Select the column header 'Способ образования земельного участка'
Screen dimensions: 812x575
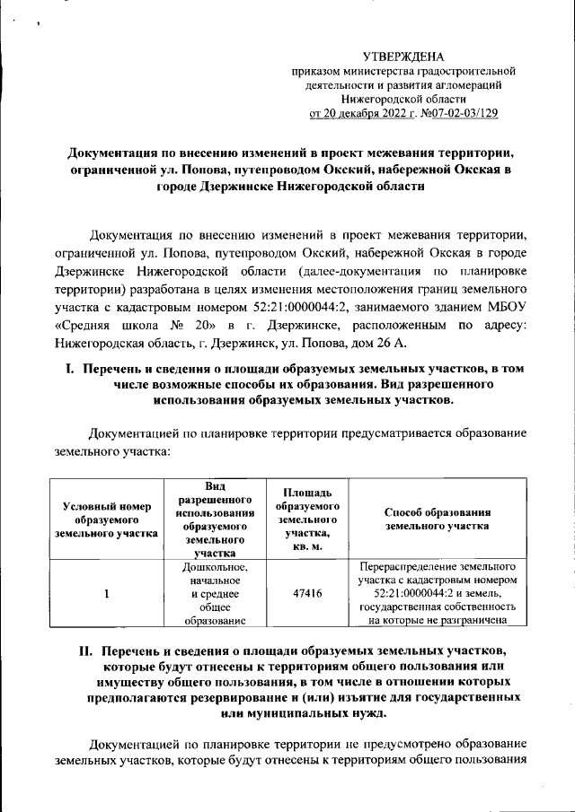tap(436, 520)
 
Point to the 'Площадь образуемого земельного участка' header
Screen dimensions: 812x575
tap(308, 520)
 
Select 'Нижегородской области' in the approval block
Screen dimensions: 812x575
tap(402, 99)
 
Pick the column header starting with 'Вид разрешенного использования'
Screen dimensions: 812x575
tap(213, 520)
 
